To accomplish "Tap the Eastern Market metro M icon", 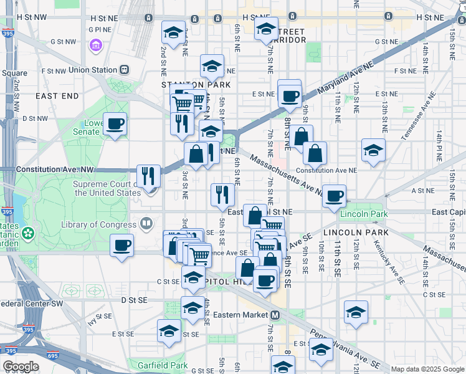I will (x=275, y=315).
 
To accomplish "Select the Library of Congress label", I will (x=100, y=224).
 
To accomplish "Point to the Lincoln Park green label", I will (x=364, y=214).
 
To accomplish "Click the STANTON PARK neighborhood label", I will (x=196, y=84).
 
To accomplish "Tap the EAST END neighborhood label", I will (x=57, y=96).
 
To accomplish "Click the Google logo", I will (x=21, y=367).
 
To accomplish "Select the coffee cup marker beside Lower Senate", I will (x=115, y=124).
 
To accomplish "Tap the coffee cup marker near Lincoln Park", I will (x=333, y=196).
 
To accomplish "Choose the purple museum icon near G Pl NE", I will (x=95, y=46).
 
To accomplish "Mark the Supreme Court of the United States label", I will (x=107, y=188).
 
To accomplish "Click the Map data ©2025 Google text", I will (x=427, y=369).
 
